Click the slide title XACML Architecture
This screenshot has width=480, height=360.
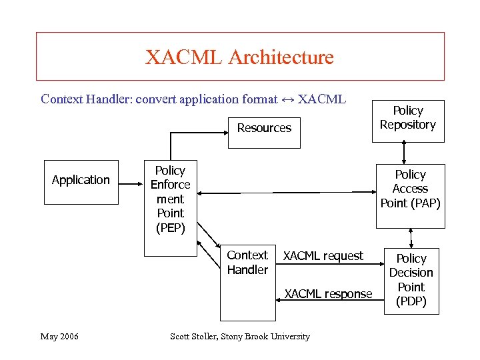click(239, 57)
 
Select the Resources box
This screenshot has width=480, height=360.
click(264, 128)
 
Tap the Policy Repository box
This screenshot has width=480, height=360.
click(407, 118)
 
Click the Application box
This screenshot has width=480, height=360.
click(81, 180)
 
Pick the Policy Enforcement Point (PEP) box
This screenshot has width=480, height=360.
click(170, 199)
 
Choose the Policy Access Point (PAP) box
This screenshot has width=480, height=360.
click(410, 189)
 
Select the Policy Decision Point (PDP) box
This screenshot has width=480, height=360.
click(411, 280)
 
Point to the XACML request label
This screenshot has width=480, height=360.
click(323, 256)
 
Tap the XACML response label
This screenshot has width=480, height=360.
click(328, 294)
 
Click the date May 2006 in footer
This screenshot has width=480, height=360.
click(59, 337)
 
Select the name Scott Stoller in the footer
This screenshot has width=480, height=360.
click(195, 337)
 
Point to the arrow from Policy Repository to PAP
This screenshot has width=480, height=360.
click(407, 154)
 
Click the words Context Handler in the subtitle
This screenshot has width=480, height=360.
click(85, 99)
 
